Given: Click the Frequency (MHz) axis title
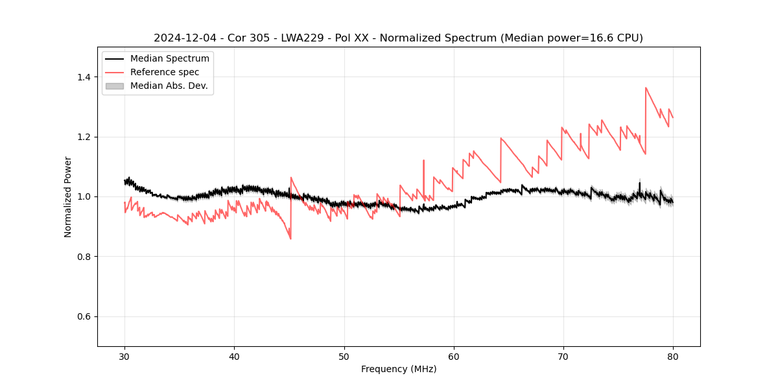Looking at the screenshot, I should coord(399,369).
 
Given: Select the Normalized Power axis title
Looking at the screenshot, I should coord(68,196).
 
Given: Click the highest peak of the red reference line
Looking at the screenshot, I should coord(646,88).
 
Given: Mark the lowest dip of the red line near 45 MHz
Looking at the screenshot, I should coord(290,239).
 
